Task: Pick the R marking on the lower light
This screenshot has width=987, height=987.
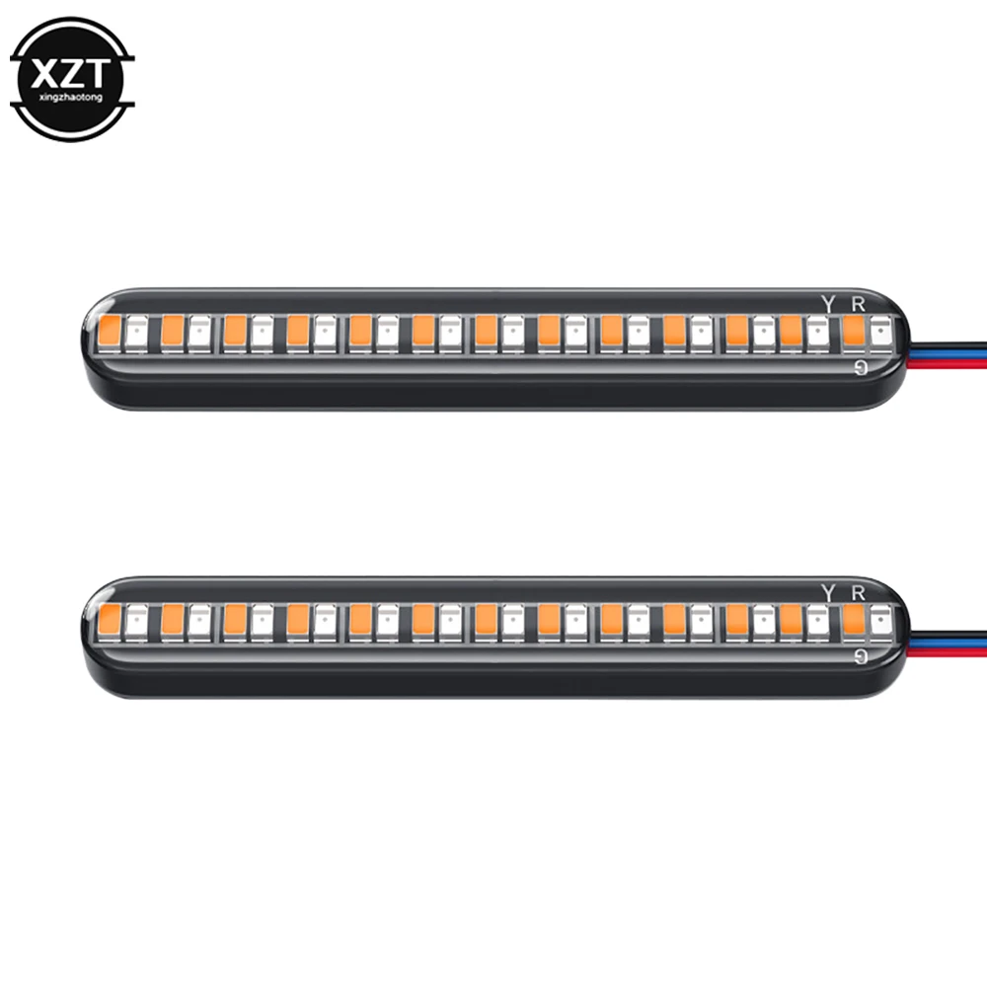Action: click(x=858, y=592)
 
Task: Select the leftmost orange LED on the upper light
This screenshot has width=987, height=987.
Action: click(x=110, y=332)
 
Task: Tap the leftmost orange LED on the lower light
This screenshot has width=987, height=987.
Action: click(x=110, y=619)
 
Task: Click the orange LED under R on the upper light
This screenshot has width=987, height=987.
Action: click(x=853, y=332)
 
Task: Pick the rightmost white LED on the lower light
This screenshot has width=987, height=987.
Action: click(x=879, y=620)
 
